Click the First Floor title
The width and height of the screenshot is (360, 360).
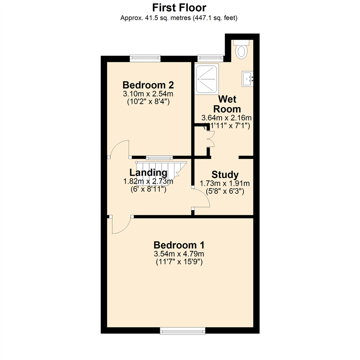click(x=179, y=7)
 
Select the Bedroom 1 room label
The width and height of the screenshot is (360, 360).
click(x=179, y=245)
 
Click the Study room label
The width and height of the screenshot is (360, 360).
click(x=225, y=175)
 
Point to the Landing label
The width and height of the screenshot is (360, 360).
click(x=148, y=173)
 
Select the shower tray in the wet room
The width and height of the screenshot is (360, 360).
click(x=207, y=79)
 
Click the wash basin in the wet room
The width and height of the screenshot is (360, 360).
click(x=247, y=79)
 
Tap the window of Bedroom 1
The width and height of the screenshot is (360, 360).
click(x=182, y=331)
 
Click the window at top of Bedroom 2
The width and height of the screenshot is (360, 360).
click(x=145, y=58)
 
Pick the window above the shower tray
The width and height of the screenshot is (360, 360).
click(x=210, y=58)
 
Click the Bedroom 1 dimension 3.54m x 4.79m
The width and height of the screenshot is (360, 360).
click(x=179, y=254)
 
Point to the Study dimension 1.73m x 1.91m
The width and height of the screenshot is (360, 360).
click(x=225, y=183)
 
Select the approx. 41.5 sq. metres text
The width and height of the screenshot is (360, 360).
click(x=179, y=18)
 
